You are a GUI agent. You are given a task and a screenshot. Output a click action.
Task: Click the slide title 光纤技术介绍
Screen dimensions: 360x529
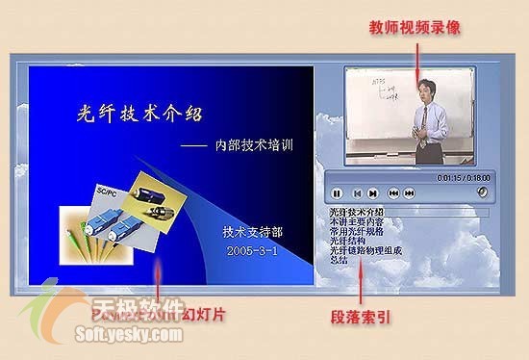139,113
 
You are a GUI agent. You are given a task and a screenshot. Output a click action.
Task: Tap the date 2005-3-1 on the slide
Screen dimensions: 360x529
253,250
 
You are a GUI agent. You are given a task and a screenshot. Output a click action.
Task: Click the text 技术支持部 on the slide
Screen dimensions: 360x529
252,232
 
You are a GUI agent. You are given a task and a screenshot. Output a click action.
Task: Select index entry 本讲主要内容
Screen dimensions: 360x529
358,221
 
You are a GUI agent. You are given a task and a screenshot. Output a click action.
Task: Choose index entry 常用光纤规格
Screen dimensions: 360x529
358,231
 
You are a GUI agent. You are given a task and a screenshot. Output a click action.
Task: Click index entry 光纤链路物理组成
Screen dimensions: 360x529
365,250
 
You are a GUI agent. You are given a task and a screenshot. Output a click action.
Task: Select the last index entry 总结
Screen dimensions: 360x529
338,260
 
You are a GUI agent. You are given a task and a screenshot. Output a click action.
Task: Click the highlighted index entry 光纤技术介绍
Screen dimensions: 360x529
356,212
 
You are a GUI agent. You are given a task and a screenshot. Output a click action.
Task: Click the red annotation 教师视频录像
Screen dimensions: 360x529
416,28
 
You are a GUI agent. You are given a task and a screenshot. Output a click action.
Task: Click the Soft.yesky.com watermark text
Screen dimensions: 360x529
128,335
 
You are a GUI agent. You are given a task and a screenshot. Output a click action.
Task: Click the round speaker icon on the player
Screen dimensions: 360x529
481,192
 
